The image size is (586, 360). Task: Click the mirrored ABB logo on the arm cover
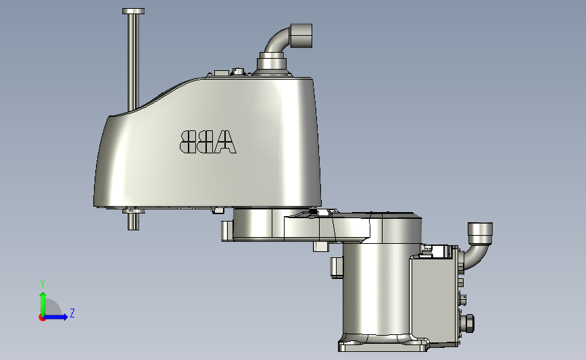click(208, 141)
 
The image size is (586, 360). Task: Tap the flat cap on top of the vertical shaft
click(133, 11)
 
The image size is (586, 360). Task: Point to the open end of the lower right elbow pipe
click(481, 232)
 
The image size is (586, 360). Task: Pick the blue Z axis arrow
click(58, 316)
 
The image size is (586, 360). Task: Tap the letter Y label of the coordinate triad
click(42, 284)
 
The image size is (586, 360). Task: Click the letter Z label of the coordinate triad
click(72, 313)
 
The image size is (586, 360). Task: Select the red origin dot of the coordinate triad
click(43, 317)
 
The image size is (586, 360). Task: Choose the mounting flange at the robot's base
click(383, 345)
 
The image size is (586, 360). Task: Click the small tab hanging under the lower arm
click(320, 247)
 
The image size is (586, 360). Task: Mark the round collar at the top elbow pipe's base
click(272, 64)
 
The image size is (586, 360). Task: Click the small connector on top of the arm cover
click(238, 71)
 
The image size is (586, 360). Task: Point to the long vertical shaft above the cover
click(133, 61)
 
